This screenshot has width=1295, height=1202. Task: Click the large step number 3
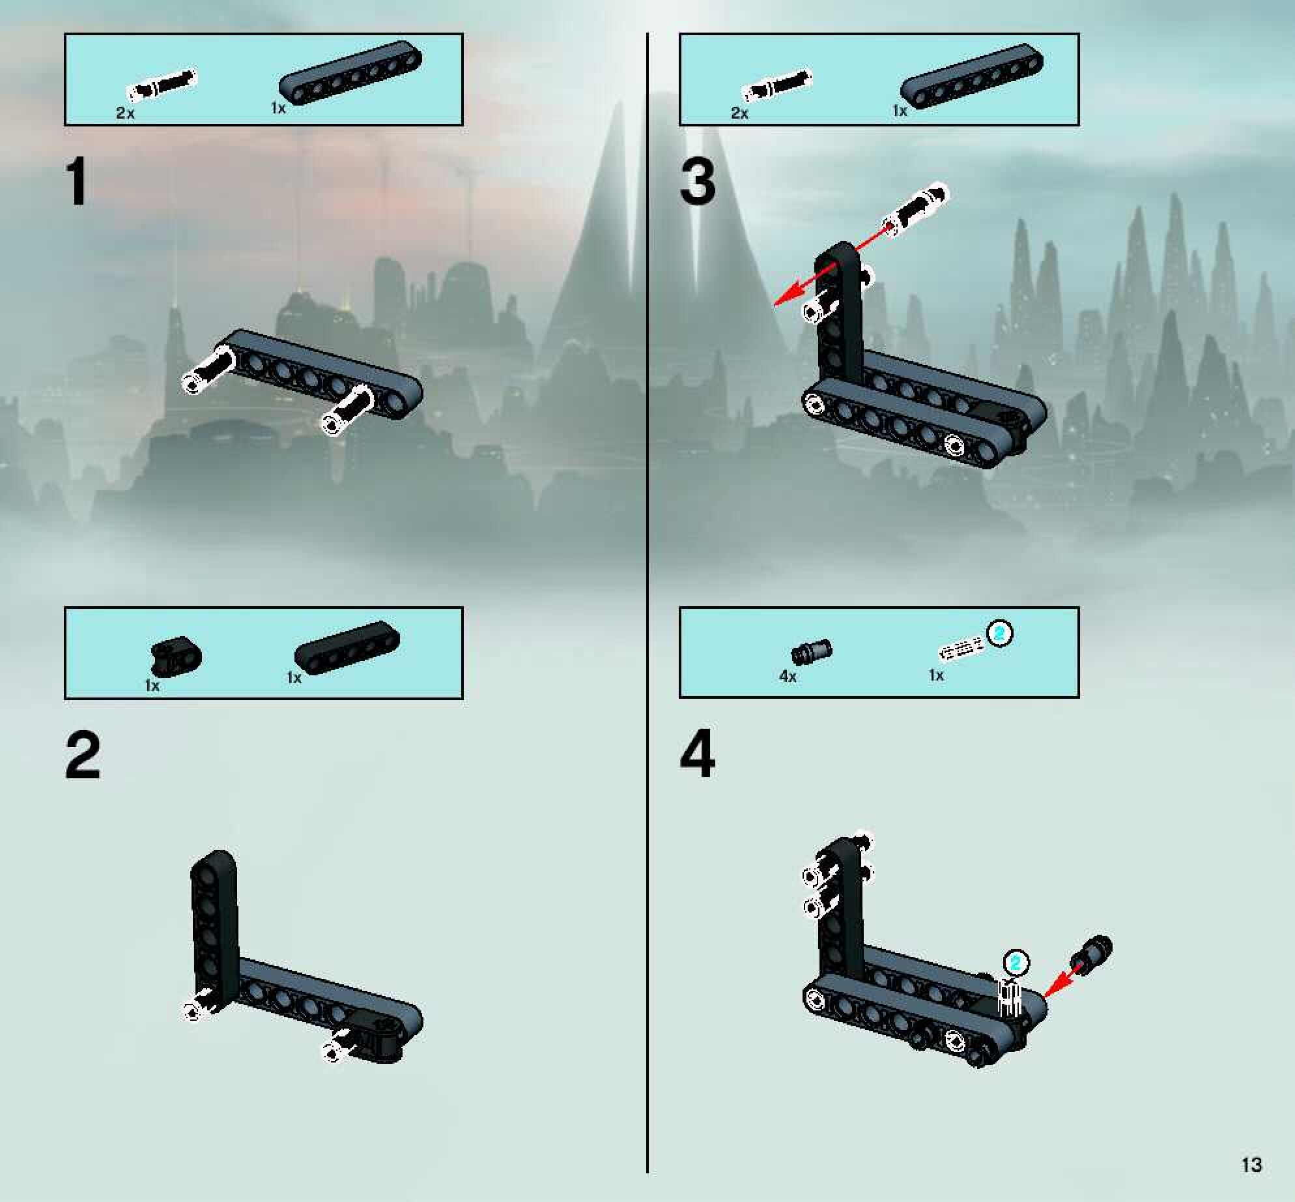tap(698, 182)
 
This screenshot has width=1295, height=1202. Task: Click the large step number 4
tap(698, 755)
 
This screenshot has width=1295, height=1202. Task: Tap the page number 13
tap(1251, 1165)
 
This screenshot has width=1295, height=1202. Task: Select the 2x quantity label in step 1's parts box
tap(125, 113)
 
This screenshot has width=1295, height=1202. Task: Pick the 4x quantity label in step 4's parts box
tap(788, 677)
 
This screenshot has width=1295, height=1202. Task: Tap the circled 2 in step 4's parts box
tap(1000, 634)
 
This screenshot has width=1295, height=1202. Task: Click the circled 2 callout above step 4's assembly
tap(1016, 962)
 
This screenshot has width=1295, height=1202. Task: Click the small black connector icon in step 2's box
tap(176, 656)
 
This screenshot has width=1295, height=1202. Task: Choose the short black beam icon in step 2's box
tap(347, 648)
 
